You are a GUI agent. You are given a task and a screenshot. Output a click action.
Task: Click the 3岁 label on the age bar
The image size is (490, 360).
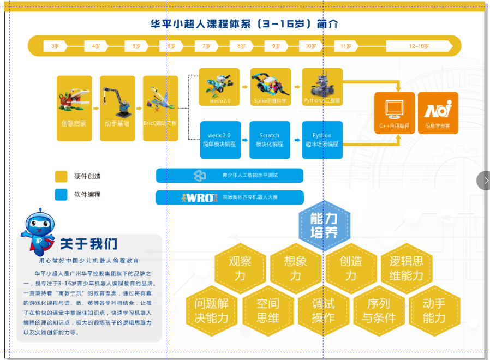tap(55, 46)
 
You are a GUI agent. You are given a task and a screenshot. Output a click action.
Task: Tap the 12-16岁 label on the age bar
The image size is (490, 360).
tap(419, 46)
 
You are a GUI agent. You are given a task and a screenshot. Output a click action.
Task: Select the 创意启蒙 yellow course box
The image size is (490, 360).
tap(74, 108)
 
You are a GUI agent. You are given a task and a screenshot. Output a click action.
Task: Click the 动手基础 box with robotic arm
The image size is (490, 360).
tap(117, 108)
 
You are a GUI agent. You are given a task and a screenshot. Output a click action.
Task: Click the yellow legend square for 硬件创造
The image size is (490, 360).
tap(61, 176)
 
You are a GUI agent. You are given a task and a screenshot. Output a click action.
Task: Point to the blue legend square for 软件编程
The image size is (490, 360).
tap(61, 195)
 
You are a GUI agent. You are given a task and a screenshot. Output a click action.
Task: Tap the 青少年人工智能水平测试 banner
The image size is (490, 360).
tap(229, 176)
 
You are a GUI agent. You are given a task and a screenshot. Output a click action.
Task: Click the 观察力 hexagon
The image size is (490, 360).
tap(240, 268)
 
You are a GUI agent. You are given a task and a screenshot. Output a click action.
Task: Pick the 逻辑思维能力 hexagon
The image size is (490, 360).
tap(406, 268)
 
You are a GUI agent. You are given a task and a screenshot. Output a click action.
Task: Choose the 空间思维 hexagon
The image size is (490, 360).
tap(267, 310)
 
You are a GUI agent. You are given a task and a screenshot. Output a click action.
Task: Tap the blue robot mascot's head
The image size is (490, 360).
tap(40, 221)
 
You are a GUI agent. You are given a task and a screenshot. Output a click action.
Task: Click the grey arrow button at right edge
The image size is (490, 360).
tap(485, 181)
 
